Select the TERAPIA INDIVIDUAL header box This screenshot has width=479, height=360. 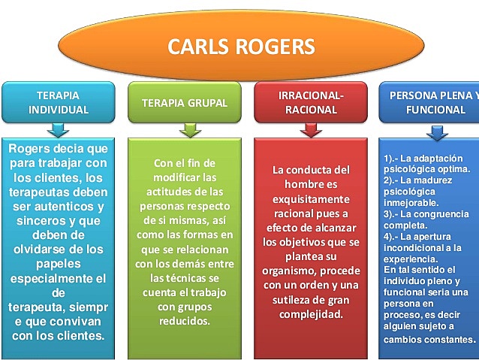coord(58,102)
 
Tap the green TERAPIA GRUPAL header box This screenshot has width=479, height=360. coord(184,102)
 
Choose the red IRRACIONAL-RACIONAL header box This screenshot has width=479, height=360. coord(310,102)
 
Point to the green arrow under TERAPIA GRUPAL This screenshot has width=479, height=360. coord(190,131)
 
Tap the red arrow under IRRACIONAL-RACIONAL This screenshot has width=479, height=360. coord(310,131)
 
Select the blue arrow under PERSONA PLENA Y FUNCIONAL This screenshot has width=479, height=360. coord(437,132)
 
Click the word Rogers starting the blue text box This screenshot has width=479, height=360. coord(31,148)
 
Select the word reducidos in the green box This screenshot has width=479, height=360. coord(184,321)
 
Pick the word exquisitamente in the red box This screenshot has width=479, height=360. coord(310,198)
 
